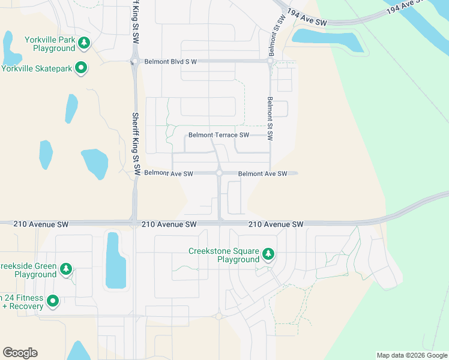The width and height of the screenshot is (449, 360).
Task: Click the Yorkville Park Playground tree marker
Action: (85, 43)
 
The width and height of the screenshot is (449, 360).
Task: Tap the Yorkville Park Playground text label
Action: (50, 44)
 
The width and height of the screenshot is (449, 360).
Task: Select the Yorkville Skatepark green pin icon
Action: (82, 69)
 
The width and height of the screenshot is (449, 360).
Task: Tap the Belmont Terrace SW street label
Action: (218, 135)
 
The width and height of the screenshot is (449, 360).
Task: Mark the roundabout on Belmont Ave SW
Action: (220, 173)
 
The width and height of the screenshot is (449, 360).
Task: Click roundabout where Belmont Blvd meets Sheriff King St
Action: (134, 61)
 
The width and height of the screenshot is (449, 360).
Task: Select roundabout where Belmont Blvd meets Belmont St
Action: (271, 61)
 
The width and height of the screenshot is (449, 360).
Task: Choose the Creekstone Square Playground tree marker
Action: (268, 255)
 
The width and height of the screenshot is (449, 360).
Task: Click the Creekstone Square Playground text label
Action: (223, 256)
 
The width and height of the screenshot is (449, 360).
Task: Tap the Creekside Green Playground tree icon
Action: (67, 270)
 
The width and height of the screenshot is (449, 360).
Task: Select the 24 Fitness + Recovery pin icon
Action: (53, 301)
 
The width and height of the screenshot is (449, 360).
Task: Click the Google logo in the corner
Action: (20, 352)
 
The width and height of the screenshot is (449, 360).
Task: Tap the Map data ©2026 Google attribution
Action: (411, 355)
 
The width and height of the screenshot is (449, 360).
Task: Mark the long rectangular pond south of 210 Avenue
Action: (115, 262)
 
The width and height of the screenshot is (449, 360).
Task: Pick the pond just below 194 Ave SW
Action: (328, 41)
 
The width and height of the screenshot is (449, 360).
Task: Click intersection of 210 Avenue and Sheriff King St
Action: (134, 223)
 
